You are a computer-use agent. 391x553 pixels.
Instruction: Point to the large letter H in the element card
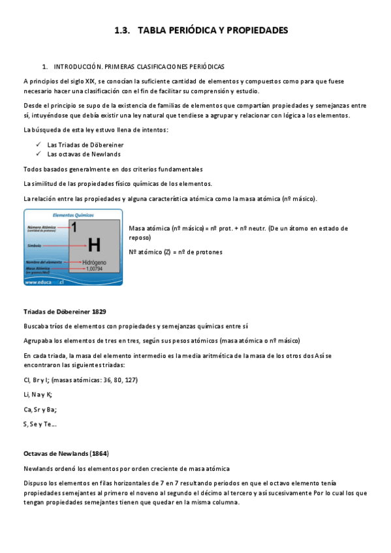[94, 245]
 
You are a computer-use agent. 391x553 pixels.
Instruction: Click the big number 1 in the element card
[74, 228]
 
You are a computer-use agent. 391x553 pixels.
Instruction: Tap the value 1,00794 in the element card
[94, 269]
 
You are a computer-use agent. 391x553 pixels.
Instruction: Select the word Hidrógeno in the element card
[94, 262]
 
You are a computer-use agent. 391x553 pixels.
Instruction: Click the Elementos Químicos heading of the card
[72, 215]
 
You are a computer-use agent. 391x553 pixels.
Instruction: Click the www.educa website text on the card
[43, 282]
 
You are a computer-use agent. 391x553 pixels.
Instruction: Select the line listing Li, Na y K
[37, 395]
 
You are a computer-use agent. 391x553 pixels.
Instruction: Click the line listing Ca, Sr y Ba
[40, 410]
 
